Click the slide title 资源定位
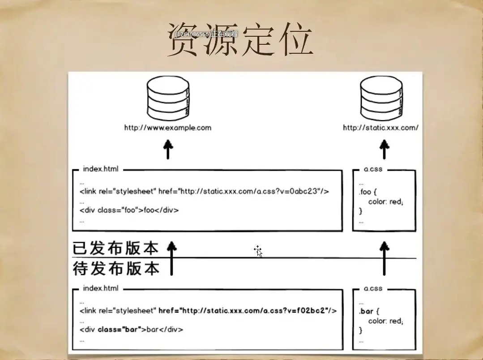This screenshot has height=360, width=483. coord(240,41)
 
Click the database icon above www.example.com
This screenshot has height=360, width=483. coord(168,99)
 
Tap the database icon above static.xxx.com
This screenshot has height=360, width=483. coord(382,99)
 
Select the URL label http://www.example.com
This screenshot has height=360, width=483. coord(168,128)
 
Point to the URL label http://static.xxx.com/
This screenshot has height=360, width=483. coord(381,128)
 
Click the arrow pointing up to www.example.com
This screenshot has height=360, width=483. coord(168,149)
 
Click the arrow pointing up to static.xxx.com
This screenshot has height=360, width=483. coord(384,149)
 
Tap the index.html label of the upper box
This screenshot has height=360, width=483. coord(101,169)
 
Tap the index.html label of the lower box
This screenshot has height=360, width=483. coord(101,288)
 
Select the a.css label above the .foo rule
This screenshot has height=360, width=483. coord(373,169)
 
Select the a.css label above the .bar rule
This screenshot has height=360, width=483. coord(373,288)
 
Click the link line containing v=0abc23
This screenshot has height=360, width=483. coord(205,192)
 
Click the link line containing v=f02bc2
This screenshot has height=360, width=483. coord(208,311)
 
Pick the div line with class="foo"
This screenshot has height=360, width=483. coord(132,210)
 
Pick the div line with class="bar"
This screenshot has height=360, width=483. coord(132,330)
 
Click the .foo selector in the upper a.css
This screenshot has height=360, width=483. coord(365,192)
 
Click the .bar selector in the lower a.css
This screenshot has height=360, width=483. coord(366,311)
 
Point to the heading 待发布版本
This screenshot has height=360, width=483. coord(116,269)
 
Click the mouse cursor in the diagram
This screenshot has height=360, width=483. coord(258,251)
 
